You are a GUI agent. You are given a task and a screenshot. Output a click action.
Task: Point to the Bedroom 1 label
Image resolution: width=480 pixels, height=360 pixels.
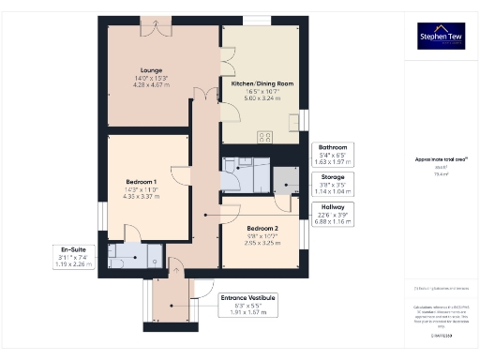point(142,181)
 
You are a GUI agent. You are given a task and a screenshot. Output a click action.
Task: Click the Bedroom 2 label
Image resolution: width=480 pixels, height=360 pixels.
point(262,228)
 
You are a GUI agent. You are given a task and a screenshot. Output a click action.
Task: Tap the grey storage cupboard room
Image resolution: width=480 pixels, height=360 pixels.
point(281,183)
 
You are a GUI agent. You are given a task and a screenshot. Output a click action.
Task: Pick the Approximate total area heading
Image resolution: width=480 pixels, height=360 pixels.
point(440,160)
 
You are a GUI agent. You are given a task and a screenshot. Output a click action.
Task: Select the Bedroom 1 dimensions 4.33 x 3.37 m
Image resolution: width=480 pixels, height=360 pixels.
point(142,197)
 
